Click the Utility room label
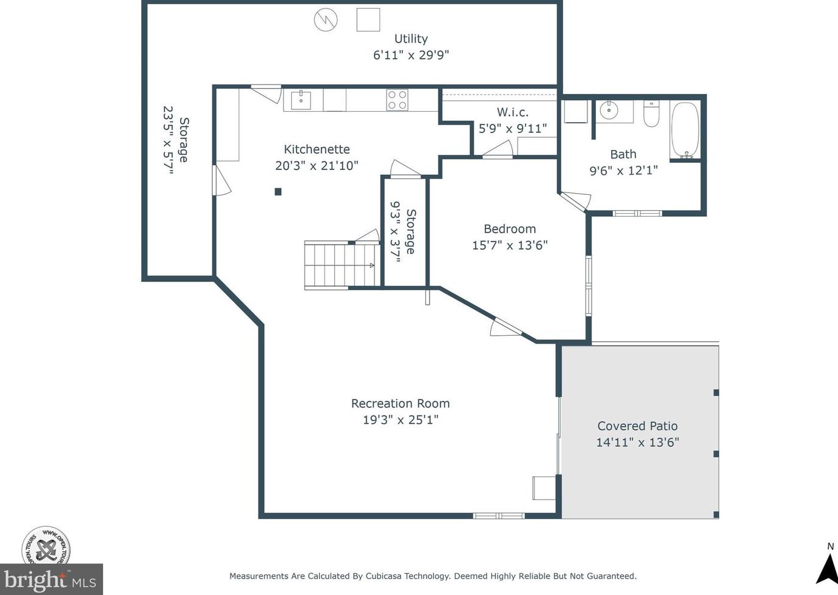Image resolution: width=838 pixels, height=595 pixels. point(411,38)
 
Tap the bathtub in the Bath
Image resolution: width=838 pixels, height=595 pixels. point(685,130)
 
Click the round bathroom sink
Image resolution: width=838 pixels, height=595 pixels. point(609,110)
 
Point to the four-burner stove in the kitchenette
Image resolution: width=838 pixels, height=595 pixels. point(397,100)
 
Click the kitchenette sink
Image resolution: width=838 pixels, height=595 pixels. point(301,100)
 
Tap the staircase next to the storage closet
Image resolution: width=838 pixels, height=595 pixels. point(342,265)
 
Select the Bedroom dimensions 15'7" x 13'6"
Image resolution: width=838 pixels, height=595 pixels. point(510,245)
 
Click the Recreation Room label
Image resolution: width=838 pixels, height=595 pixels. point(400,403)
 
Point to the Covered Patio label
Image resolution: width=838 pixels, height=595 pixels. point(638,426)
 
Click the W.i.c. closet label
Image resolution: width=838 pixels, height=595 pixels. point(513,112)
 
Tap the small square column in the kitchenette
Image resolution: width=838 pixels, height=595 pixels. point(278,192)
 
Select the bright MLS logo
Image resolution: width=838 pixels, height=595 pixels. point(51,579)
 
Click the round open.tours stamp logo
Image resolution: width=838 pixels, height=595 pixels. point(46,546)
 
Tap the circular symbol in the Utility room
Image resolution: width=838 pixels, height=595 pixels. point(325,20)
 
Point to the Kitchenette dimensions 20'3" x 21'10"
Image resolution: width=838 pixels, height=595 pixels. point(317,166)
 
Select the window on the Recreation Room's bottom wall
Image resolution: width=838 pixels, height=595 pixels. point(499,516)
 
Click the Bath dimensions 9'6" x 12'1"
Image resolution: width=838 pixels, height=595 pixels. point(623,171)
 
